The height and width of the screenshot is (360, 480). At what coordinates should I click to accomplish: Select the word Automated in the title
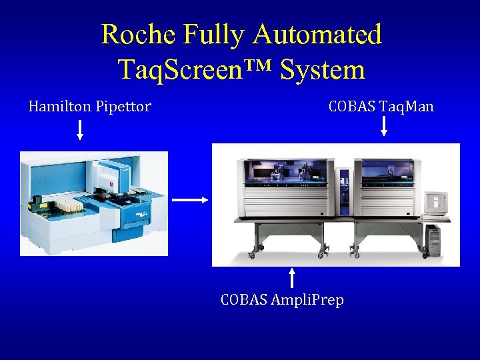pyautogui.click(x=317, y=35)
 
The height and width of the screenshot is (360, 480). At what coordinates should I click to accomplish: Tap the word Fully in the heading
pyautogui.click(x=213, y=35)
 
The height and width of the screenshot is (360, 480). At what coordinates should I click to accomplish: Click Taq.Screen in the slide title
pyautogui.click(x=193, y=69)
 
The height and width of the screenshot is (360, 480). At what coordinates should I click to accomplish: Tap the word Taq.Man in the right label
pyautogui.click(x=407, y=107)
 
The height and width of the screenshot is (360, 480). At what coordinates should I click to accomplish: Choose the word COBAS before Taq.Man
pyautogui.click(x=351, y=107)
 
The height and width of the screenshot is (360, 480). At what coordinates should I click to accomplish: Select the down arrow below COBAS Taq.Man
pyautogui.click(x=383, y=126)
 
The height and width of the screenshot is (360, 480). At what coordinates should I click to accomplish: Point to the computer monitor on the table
pyautogui.click(x=437, y=203)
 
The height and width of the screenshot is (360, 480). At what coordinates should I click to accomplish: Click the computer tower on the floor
pyautogui.click(x=433, y=240)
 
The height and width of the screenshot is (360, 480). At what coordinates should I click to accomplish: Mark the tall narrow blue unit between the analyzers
pyautogui.click(x=344, y=190)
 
